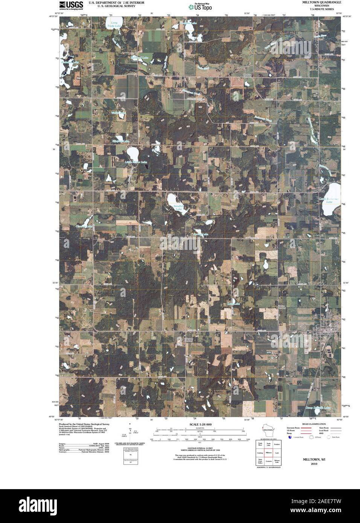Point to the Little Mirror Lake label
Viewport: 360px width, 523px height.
click(x=136, y=163)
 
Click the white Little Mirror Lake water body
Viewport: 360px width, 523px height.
click(x=133, y=154)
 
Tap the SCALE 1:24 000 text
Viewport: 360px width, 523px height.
click(x=198, y=424)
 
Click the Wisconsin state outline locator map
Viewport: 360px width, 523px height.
click(x=268, y=430)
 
